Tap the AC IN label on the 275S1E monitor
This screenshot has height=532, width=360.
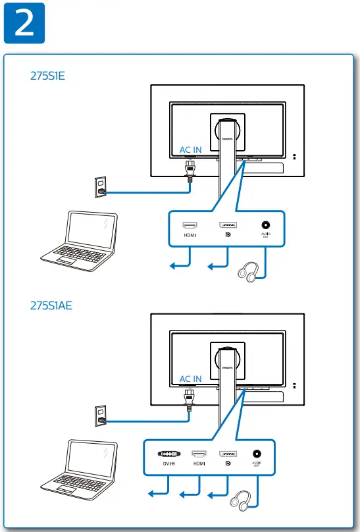point(191,149)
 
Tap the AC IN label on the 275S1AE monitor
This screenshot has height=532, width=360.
point(191,379)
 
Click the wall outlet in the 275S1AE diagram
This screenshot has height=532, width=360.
point(101,414)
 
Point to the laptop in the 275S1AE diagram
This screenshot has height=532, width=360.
point(82,469)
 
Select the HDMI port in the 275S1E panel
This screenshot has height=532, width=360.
point(190,225)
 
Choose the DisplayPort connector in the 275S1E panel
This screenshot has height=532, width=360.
point(228,225)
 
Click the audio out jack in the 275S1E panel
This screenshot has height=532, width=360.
point(266,225)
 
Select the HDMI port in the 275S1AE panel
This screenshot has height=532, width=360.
point(199,454)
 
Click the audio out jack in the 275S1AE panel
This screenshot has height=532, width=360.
point(256,454)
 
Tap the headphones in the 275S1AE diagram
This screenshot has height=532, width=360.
point(239,501)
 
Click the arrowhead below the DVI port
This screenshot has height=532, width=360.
point(150,494)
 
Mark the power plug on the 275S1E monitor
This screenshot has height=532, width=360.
point(190,172)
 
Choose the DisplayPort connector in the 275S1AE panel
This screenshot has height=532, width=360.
point(228,454)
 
